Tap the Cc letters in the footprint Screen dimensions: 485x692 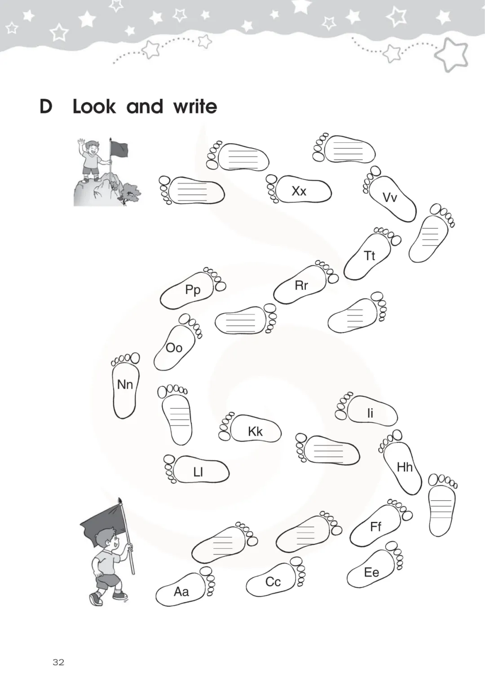(273, 582)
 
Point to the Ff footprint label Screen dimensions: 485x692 (375, 526)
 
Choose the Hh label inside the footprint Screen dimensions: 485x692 (405, 467)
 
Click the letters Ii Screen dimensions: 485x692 (370, 413)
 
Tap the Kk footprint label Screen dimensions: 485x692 (256, 432)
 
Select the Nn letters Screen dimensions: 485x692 (125, 385)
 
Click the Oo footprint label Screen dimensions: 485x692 (174, 348)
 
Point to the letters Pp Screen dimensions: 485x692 (193, 290)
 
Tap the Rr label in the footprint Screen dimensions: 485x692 (301, 285)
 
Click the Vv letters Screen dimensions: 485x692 (389, 197)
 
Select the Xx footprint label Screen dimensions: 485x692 (299, 191)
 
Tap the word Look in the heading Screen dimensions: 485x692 (94, 106)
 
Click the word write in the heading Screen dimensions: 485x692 (195, 106)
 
